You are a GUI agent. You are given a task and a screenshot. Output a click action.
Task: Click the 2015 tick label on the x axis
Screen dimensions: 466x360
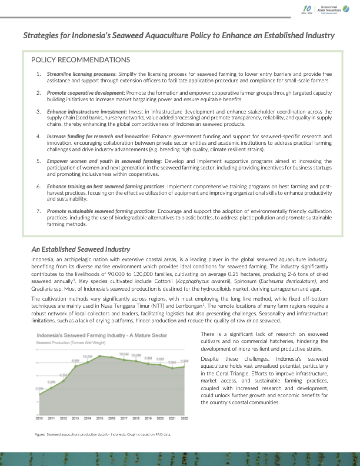tap(100, 418)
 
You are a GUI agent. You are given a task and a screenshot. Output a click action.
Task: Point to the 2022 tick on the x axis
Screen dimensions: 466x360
tap(184, 418)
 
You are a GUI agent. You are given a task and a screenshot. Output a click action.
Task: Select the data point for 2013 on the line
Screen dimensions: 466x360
tap(75, 366)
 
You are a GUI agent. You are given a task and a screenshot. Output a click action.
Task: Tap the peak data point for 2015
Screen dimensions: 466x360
tap(100, 356)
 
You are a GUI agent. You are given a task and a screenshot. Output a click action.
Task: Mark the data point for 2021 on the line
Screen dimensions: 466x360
tap(172, 368)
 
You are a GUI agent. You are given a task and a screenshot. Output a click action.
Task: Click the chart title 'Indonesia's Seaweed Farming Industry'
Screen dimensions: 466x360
tap(102, 335)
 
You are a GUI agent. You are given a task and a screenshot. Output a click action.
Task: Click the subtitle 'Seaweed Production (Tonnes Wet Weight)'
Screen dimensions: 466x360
tap(71, 343)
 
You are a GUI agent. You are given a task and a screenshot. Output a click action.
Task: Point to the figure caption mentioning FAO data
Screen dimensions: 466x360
tap(103, 434)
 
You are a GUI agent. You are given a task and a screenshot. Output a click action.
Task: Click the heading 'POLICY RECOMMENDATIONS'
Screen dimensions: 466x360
tap(80, 60)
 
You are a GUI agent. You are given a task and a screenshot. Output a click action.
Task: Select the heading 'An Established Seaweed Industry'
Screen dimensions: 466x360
tap(81, 249)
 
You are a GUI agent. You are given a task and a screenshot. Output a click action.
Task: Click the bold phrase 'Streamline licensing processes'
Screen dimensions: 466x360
tap(81, 74)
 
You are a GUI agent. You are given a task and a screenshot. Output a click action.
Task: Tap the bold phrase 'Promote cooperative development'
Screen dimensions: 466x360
tap(85, 93)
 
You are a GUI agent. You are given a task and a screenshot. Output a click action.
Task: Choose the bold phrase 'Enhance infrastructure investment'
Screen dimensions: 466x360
tap(86, 112)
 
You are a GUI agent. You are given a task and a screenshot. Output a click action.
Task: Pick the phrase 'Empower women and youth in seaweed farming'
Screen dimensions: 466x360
tap(104, 161)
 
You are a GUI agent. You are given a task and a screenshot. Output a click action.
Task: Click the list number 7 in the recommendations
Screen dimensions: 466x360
tap(39, 211)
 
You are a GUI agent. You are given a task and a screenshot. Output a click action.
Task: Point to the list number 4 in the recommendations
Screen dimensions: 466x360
tap(39, 137)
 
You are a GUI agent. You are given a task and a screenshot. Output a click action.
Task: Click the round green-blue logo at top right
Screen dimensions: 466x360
tap(346, 9)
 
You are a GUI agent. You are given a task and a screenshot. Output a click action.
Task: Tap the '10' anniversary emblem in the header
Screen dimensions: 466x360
tap(307, 9)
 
